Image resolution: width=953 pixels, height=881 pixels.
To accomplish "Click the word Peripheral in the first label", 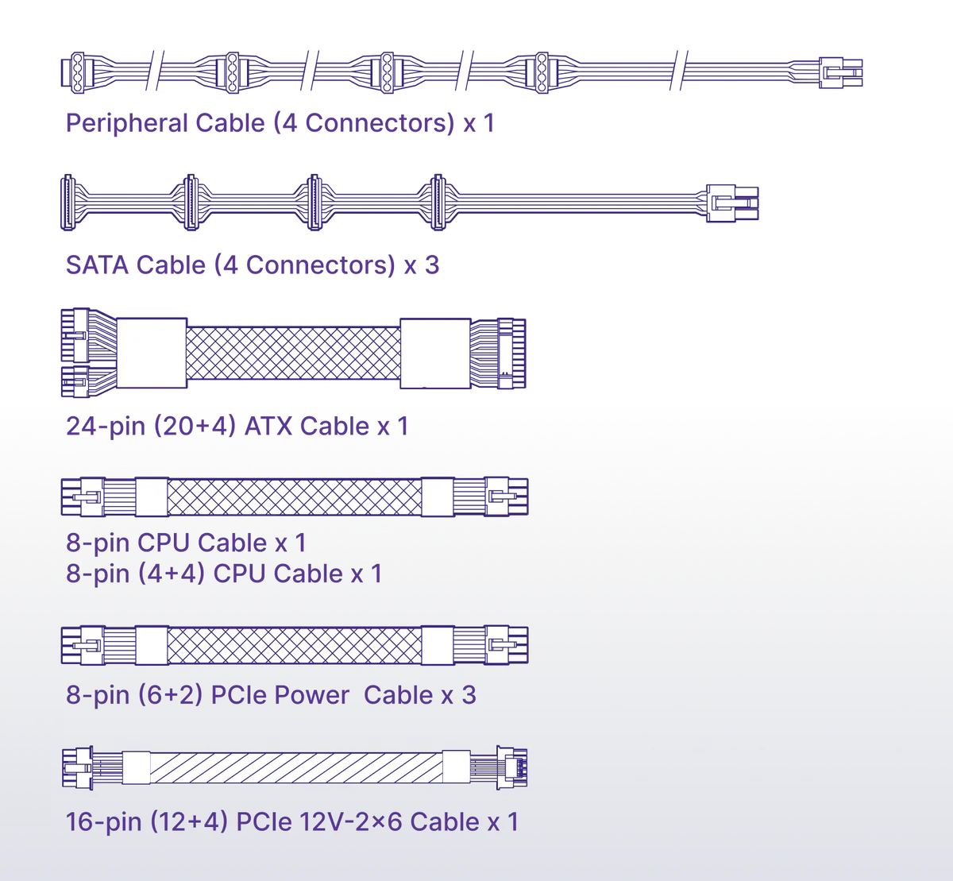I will tap(126, 123).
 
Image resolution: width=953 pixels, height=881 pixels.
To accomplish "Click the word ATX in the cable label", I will tap(268, 427).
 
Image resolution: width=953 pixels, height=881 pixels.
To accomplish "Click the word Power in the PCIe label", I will tap(311, 695).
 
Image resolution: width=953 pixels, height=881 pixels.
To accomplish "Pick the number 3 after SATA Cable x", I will tap(431, 265).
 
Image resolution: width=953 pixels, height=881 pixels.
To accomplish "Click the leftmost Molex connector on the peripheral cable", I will tap(76, 71).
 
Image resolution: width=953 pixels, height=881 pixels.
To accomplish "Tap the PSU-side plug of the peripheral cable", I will tap(841, 72).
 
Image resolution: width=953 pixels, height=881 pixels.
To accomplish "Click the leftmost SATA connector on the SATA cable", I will tap(67, 203).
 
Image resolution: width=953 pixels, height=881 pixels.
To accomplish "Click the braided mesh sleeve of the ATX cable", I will tap(293, 352).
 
